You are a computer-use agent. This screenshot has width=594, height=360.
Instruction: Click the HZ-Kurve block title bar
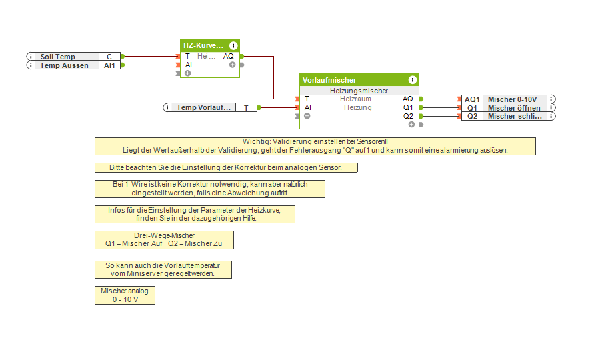click(203, 45)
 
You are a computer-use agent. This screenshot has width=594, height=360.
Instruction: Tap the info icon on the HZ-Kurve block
click(233, 45)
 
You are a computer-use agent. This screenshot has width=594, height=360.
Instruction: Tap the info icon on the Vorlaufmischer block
click(413, 80)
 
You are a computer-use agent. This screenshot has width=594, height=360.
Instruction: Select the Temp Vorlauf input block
click(204, 107)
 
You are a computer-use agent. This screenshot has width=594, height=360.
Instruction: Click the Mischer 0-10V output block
click(511, 99)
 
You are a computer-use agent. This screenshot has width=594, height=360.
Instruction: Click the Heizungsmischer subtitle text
click(359, 90)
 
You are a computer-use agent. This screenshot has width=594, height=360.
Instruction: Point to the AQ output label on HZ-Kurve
click(229, 56)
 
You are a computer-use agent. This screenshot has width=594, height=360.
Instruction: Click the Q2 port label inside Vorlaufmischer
click(408, 116)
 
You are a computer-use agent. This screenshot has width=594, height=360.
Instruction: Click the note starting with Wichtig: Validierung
click(315, 146)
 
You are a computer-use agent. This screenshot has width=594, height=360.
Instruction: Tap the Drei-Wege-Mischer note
click(164, 240)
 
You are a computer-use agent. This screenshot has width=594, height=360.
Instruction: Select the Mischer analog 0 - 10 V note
click(125, 295)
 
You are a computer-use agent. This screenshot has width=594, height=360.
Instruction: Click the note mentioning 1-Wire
click(209, 189)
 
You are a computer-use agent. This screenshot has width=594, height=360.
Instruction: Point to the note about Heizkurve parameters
click(194, 214)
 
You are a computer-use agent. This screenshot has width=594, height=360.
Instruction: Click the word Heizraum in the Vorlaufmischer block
click(355, 99)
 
